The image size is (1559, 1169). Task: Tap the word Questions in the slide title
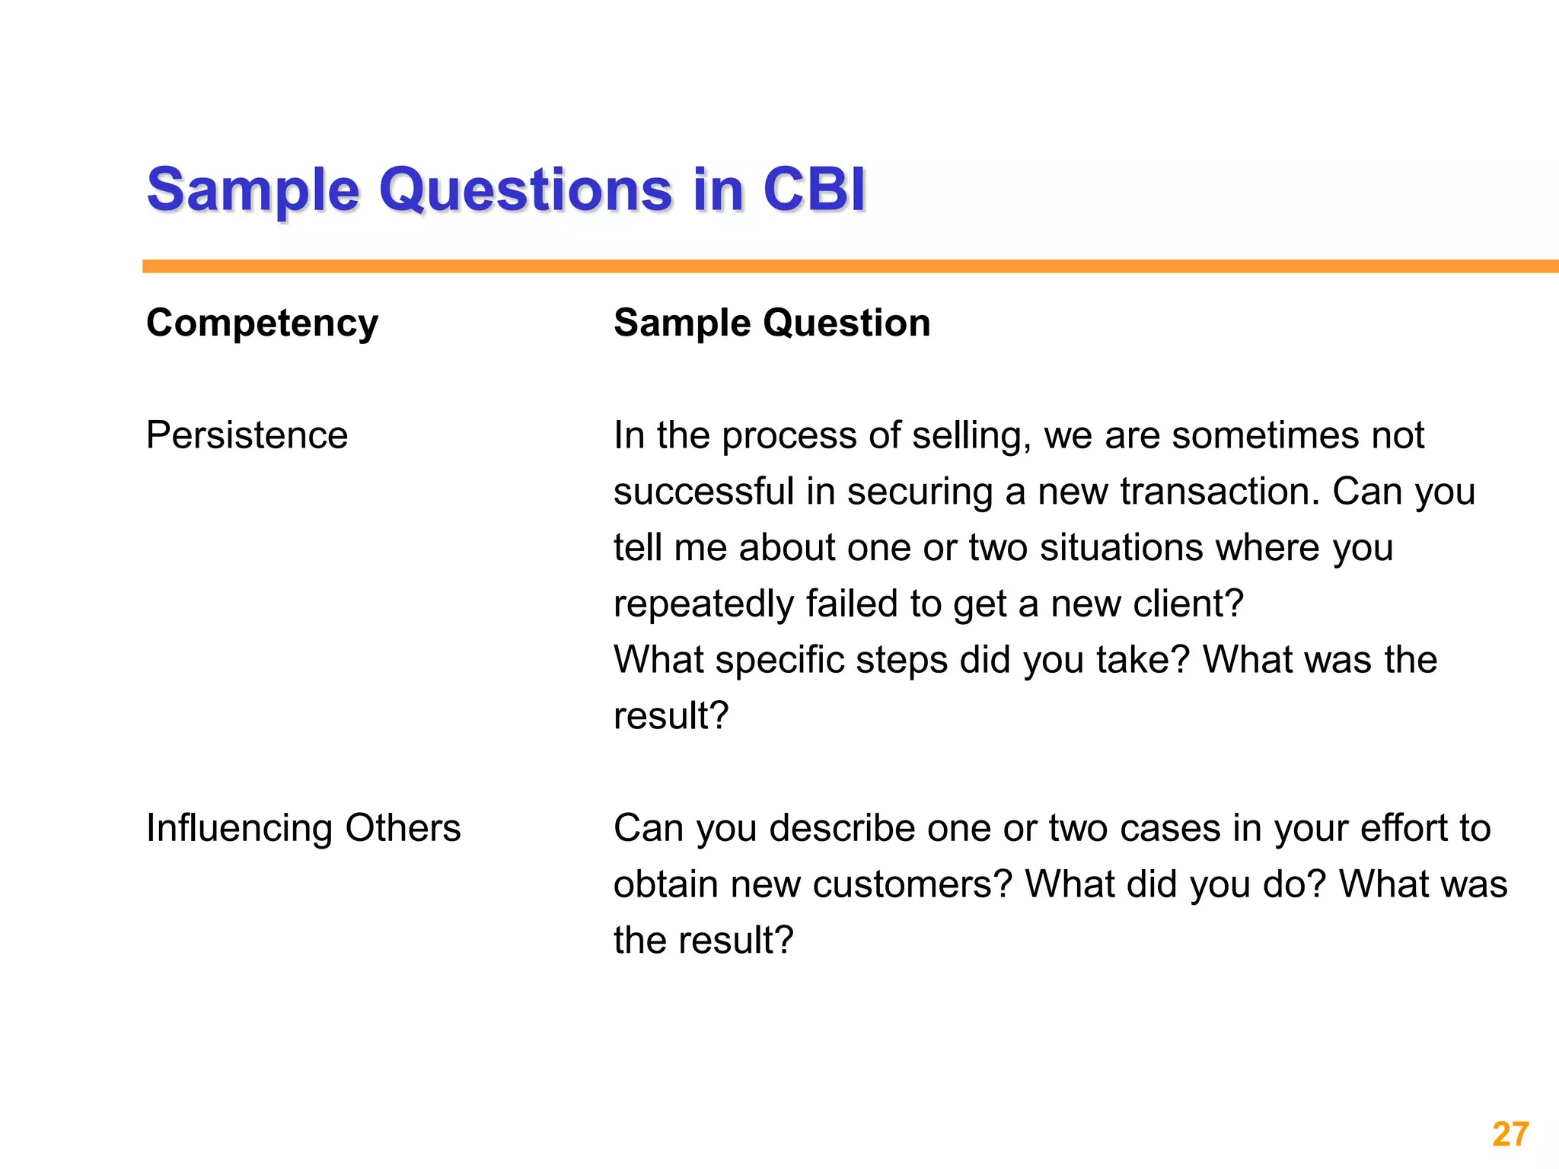pos(525,190)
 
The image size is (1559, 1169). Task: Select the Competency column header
pos(262,323)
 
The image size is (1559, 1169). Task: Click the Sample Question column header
pos(772,323)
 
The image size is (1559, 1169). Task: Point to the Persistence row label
pos(247,435)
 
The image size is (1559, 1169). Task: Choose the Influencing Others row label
pos(303,828)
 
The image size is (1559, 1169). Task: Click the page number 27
pos(1510,1134)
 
